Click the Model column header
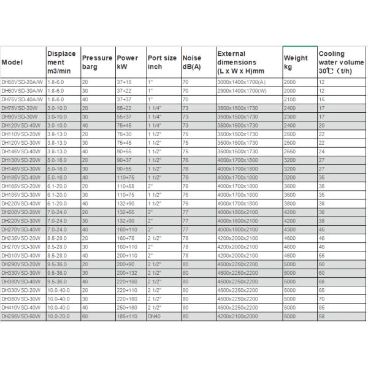(12, 63)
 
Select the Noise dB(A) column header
(191, 63)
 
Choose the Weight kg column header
(295, 63)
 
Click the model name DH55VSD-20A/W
(23, 82)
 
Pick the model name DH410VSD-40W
(22, 307)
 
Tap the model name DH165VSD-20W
(22, 185)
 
